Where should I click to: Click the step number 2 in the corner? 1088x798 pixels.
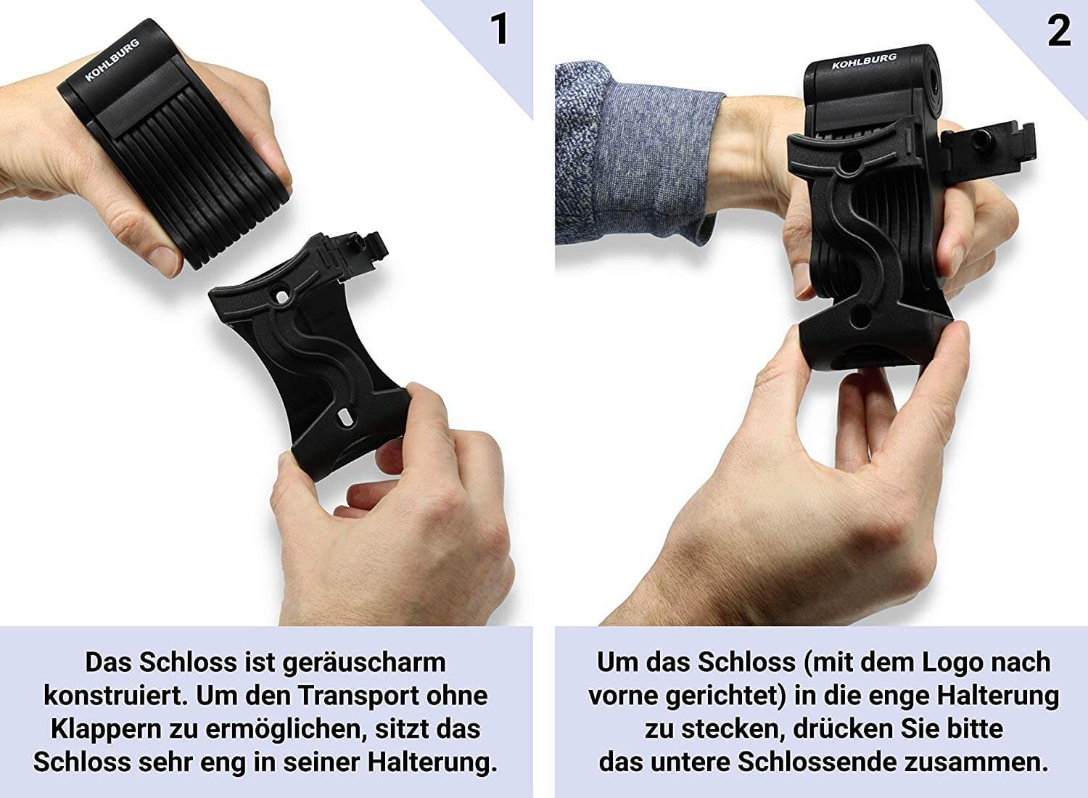pyautogui.click(x=1059, y=30)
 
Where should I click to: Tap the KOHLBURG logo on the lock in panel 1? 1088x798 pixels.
pyautogui.click(x=112, y=59)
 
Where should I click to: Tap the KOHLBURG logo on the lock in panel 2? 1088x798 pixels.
pyautogui.click(x=864, y=61)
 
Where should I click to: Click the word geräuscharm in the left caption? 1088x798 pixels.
pyautogui.click(x=364, y=663)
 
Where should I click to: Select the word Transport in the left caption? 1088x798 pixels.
pyautogui.click(x=360, y=696)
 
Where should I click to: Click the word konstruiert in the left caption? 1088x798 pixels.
pyautogui.click(x=116, y=696)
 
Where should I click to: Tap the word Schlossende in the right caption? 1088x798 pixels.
pyautogui.click(x=817, y=762)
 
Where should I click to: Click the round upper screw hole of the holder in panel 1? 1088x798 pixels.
pyautogui.click(x=281, y=295)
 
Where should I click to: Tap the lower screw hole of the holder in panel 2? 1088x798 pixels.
pyautogui.click(x=861, y=316)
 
